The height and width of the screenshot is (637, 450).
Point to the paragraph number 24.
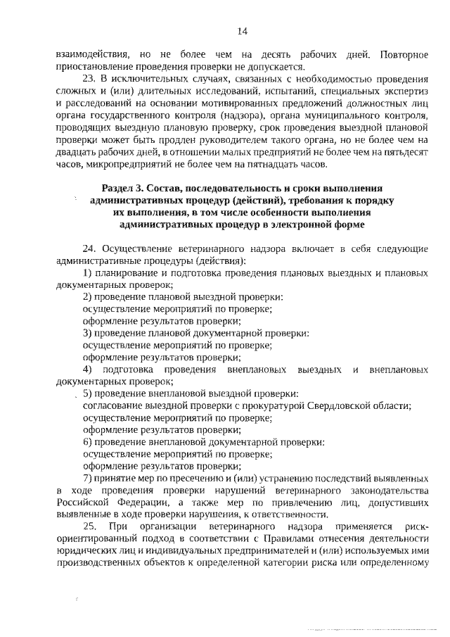[x=89, y=249]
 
